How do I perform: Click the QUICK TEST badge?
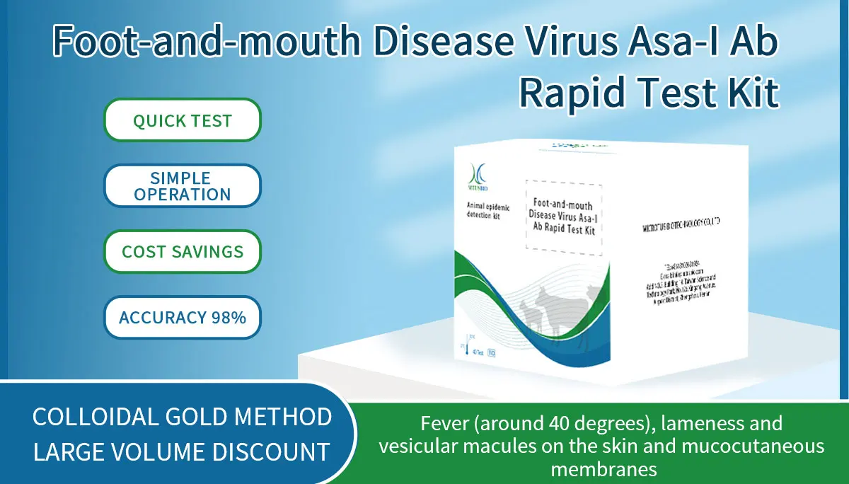pos(183,120)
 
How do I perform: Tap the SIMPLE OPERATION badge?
pos(183,186)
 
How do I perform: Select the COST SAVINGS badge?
pos(183,251)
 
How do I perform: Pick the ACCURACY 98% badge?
pos(183,317)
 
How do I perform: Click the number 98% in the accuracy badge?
pos(228,317)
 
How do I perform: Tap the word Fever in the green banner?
pos(444,424)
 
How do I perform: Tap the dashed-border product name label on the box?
pos(563,217)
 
